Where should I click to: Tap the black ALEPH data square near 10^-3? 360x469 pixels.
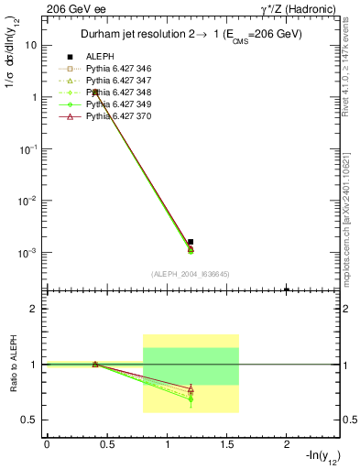click(x=191, y=242)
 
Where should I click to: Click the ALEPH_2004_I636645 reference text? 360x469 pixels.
click(x=191, y=274)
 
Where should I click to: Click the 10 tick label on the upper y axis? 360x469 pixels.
click(x=31, y=45)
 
